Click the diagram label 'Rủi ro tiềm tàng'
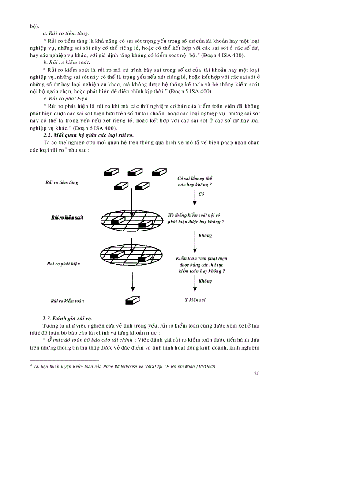pos(62,182)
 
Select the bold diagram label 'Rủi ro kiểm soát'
pos(67,217)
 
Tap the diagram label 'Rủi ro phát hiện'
pos(64,264)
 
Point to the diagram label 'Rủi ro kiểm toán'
pos(67,301)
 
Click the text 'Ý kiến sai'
pos(195,300)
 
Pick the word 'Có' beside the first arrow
pos(202,194)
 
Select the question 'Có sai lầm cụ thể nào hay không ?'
pos(195,182)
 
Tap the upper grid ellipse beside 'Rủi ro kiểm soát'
pos(132,218)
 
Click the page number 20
pos(257,373)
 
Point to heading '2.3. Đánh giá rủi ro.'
pos(67,318)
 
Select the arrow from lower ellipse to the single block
pos(133,281)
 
